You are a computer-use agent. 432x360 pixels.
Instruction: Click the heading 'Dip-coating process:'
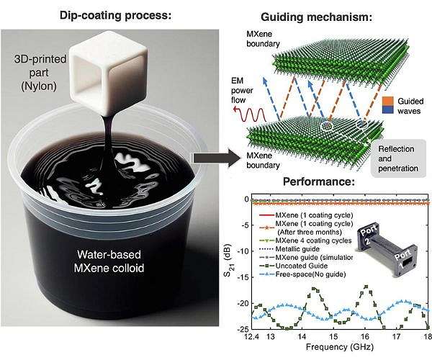click(x=115, y=15)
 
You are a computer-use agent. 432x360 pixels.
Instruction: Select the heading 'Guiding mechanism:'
click(x=316, y=17)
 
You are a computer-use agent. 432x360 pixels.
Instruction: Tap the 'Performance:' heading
click(x=319, y=181)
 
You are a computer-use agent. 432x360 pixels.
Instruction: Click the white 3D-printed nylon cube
click(x=108, y=74)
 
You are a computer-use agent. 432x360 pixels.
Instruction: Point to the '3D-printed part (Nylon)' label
click(x=40, y=73)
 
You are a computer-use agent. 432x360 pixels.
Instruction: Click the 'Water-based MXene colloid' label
click(x=109, y=261)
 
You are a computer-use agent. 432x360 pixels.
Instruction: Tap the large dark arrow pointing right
click(x=216, y=158)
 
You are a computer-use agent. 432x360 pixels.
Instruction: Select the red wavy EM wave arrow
click(x=249, y=114)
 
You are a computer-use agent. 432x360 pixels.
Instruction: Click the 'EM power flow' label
click(x=242, y=90)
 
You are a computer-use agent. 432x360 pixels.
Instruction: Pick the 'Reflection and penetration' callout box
click(x=398, y=158)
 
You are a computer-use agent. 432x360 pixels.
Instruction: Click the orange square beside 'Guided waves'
click(x=387, y=101)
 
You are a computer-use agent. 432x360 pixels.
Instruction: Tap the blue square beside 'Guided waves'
click(x=387, y=109)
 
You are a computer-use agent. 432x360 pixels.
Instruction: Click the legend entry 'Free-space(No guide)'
click(x=302, y=274)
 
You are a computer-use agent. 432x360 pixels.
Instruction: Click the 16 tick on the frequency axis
click(x=365, y=336)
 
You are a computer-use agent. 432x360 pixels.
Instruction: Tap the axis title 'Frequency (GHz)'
click(x=340, y=347)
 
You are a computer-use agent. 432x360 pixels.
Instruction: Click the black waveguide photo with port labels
click(x=387, y=250)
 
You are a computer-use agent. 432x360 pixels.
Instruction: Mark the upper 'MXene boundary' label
click(x=263, y=39)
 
